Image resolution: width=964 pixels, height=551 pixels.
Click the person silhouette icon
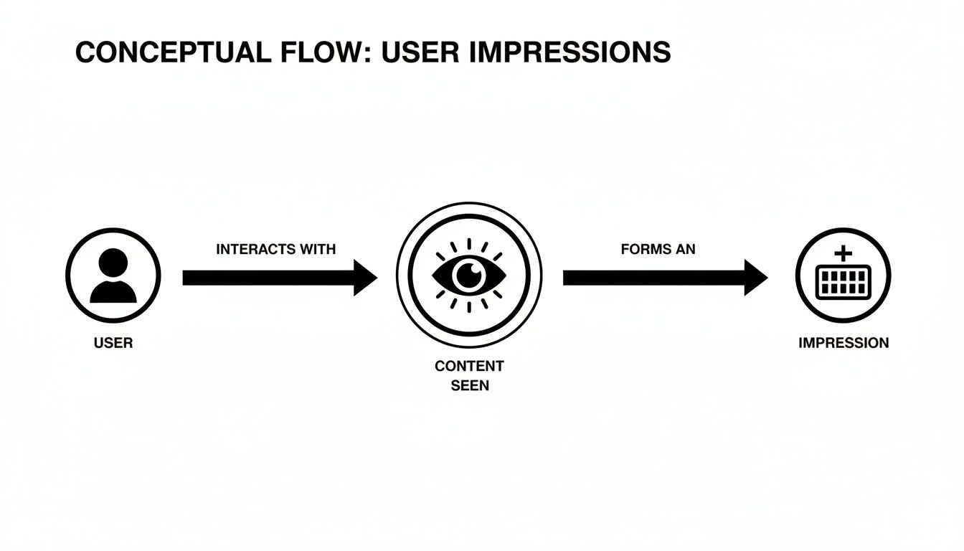[x=113, y=275]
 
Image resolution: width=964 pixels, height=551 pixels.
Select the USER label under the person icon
[x=113, y=343]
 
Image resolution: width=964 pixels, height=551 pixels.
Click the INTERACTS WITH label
[x=275, y=249]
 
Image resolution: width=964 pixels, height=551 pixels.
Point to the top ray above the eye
[x=470, y=244]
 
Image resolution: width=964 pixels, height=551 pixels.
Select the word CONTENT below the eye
[x=470, y=366]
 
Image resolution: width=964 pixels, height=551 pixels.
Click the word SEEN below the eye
[x=470, y=385]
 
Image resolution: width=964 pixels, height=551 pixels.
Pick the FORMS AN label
[x=658, y=249]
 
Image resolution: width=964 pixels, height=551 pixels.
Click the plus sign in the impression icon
[x=843, y=253]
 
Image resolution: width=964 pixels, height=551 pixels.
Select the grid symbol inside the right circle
[x=843, y=282]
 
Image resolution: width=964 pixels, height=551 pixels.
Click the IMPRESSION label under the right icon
[x=843, y=343]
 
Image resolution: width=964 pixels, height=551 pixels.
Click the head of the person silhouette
[x=113, y=263]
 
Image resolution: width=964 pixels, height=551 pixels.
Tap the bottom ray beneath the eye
[x=470, y=307]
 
